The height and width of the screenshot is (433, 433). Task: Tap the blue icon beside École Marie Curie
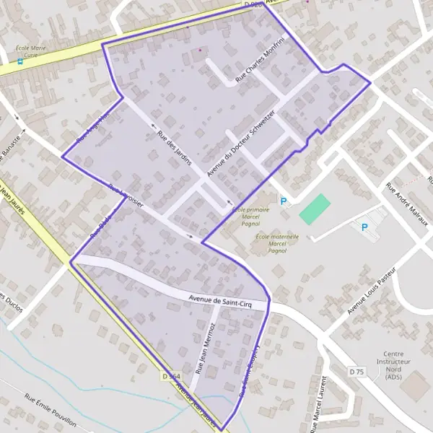coord(20,61)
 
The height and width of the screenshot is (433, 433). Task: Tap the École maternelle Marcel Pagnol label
coord(271,242)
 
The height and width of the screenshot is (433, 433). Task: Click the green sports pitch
coord(314,209)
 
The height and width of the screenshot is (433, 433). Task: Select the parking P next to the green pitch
coord(284,202)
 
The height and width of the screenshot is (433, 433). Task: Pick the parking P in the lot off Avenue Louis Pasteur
coord(364,227)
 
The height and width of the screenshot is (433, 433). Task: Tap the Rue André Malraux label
coord(408,204)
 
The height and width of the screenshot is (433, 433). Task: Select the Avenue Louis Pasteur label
coord(371,291)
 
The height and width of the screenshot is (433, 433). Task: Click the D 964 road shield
coord(171,376)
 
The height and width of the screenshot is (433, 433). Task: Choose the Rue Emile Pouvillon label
coord(51,409)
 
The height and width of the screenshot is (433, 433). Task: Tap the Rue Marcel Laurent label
coord(317,404)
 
